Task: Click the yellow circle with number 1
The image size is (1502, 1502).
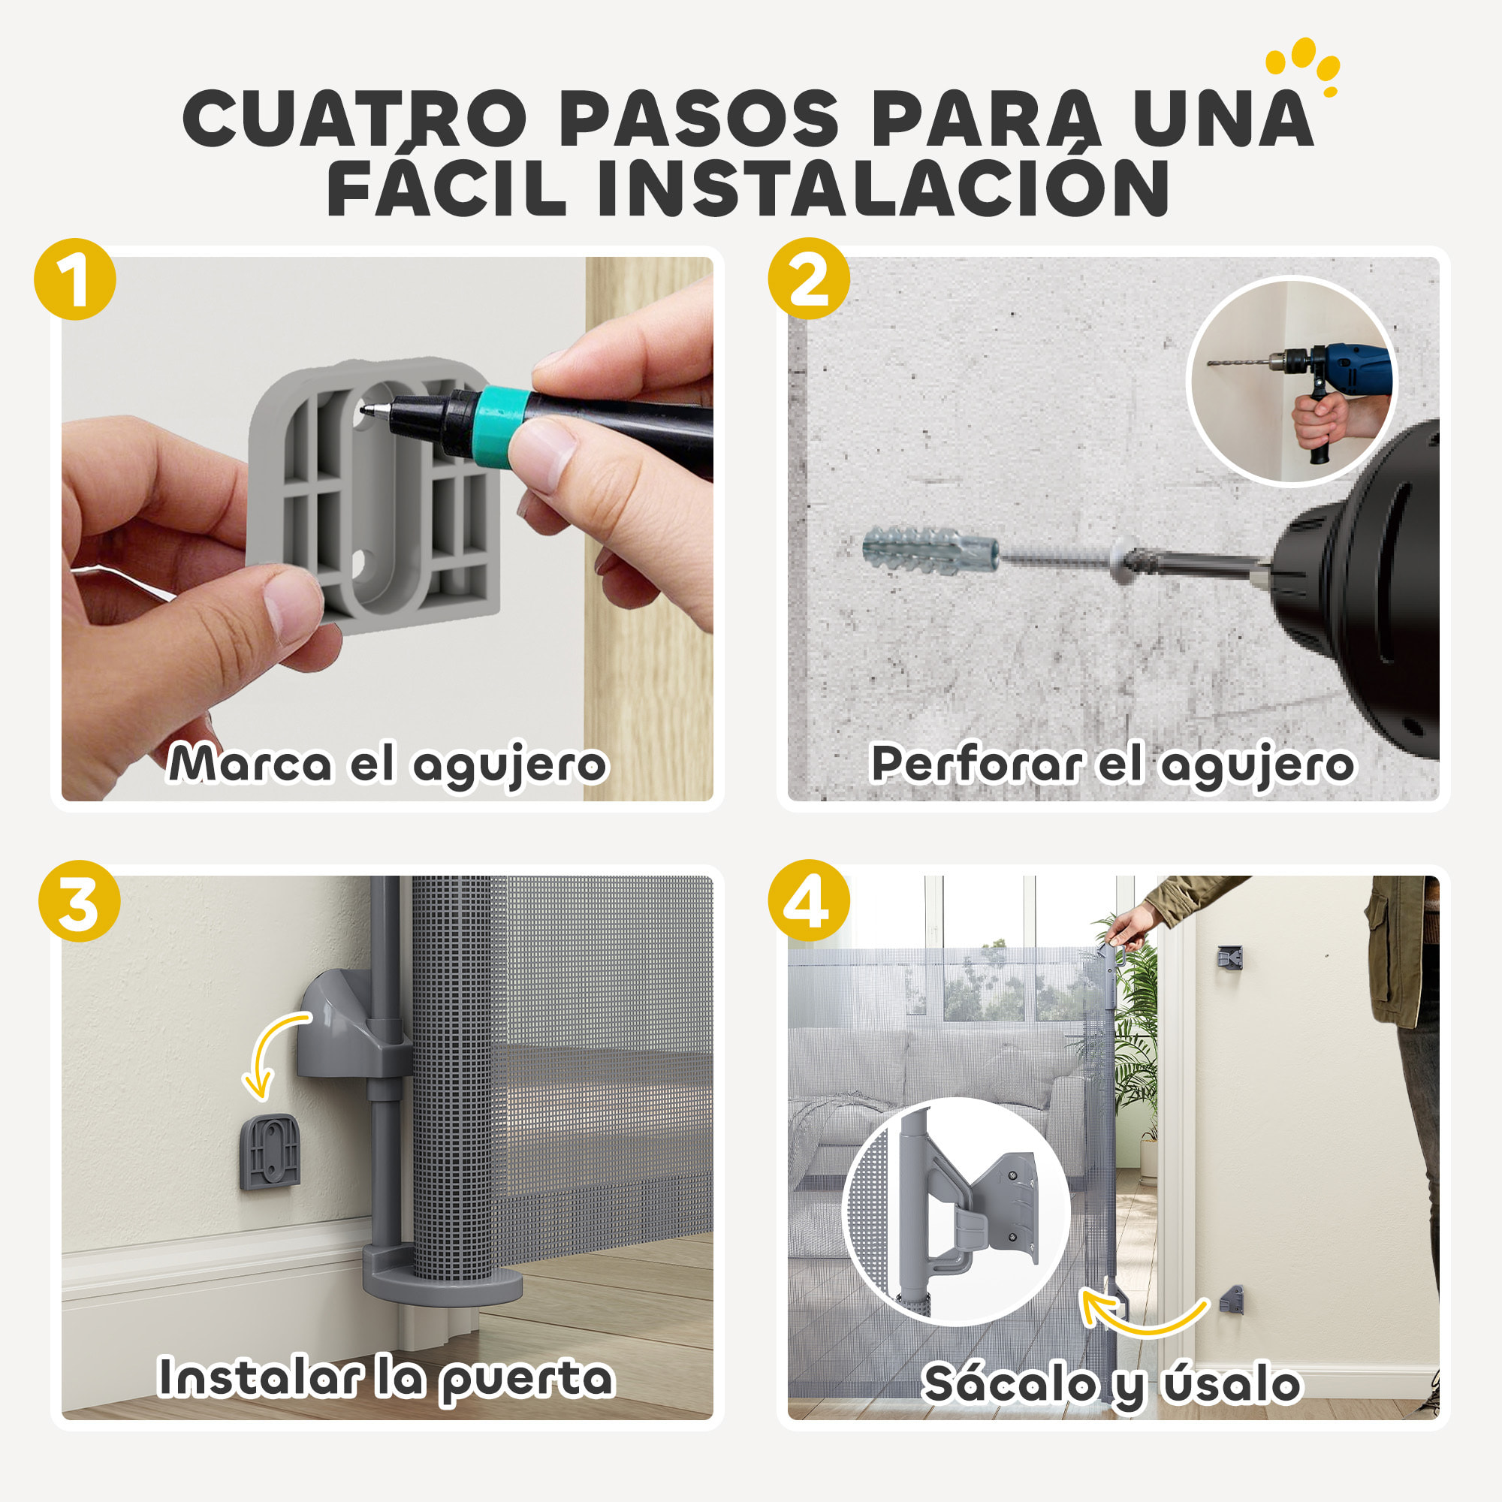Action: [74, 279]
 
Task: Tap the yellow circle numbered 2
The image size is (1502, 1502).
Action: [809, 279]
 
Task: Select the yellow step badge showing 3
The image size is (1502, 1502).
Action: [80, 901]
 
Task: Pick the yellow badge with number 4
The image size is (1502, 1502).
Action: [809, 901]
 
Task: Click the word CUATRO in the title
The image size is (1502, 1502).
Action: [354, 118]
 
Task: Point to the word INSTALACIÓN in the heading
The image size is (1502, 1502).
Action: [883, 189]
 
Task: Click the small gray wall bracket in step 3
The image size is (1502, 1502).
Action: [269, 1151]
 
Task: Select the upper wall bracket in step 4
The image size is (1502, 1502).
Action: [1229, 958]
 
